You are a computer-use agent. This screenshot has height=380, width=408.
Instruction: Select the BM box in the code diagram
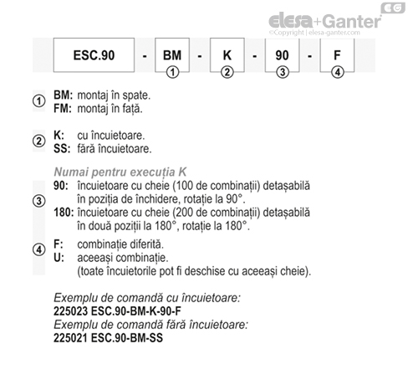172,56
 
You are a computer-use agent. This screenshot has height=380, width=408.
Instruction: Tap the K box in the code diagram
227,56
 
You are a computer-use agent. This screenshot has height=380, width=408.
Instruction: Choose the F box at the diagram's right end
337,56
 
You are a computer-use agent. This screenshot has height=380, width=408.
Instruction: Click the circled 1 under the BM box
172,73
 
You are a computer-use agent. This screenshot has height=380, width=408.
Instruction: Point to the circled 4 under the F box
337,73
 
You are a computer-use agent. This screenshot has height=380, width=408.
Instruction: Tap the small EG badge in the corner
390,8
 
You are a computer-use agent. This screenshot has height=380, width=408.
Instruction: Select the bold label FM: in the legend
63,109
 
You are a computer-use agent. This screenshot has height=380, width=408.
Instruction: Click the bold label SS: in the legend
62,150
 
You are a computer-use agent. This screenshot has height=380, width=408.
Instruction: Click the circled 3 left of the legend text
38,201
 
